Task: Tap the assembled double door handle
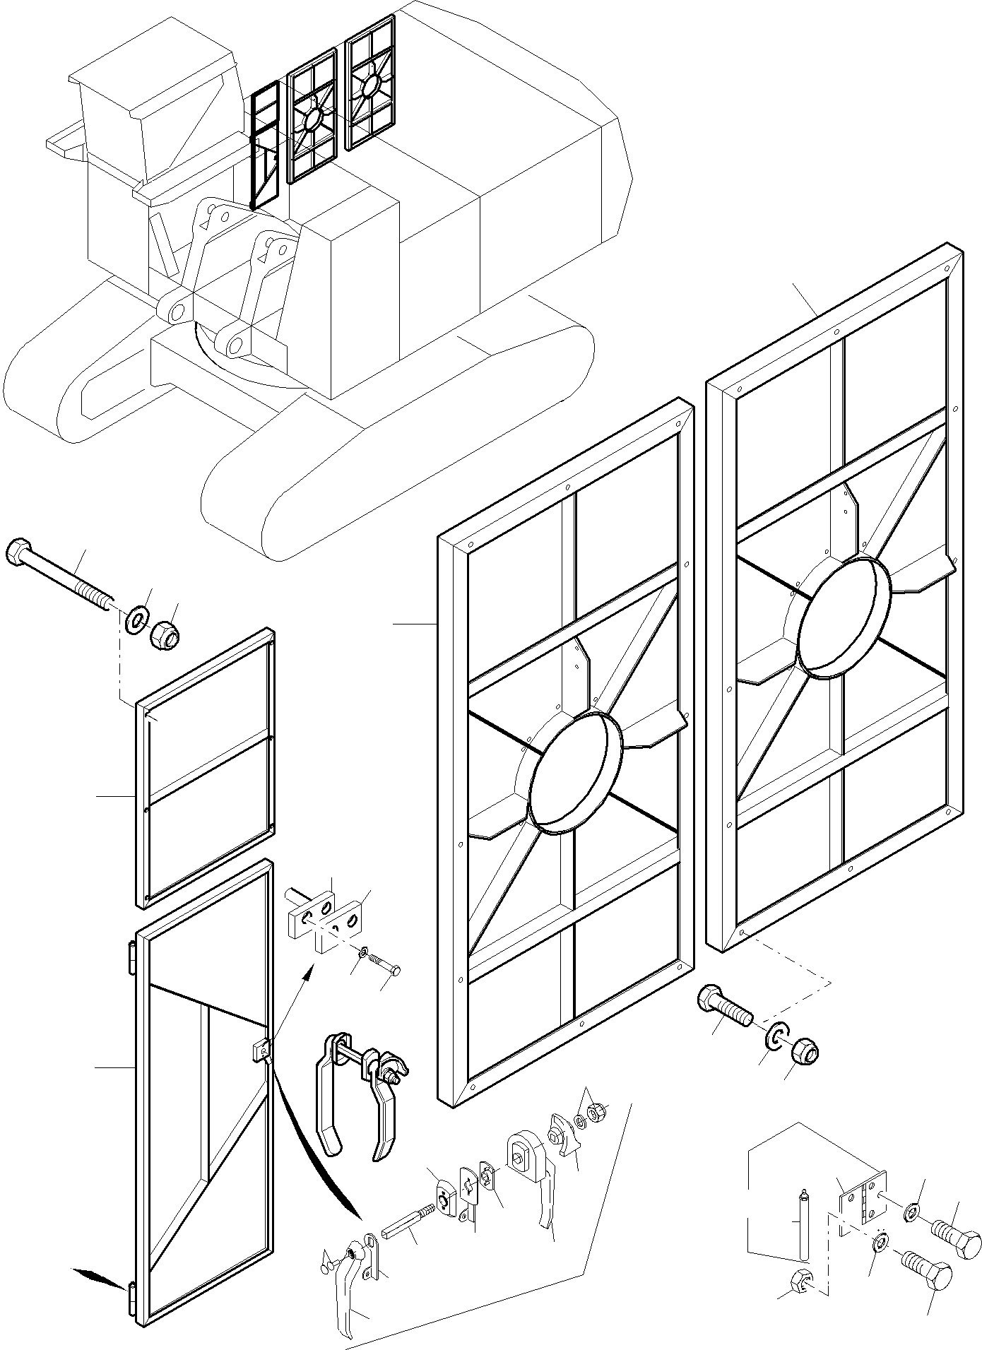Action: pyautogui.click(x=360, y=1091)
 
